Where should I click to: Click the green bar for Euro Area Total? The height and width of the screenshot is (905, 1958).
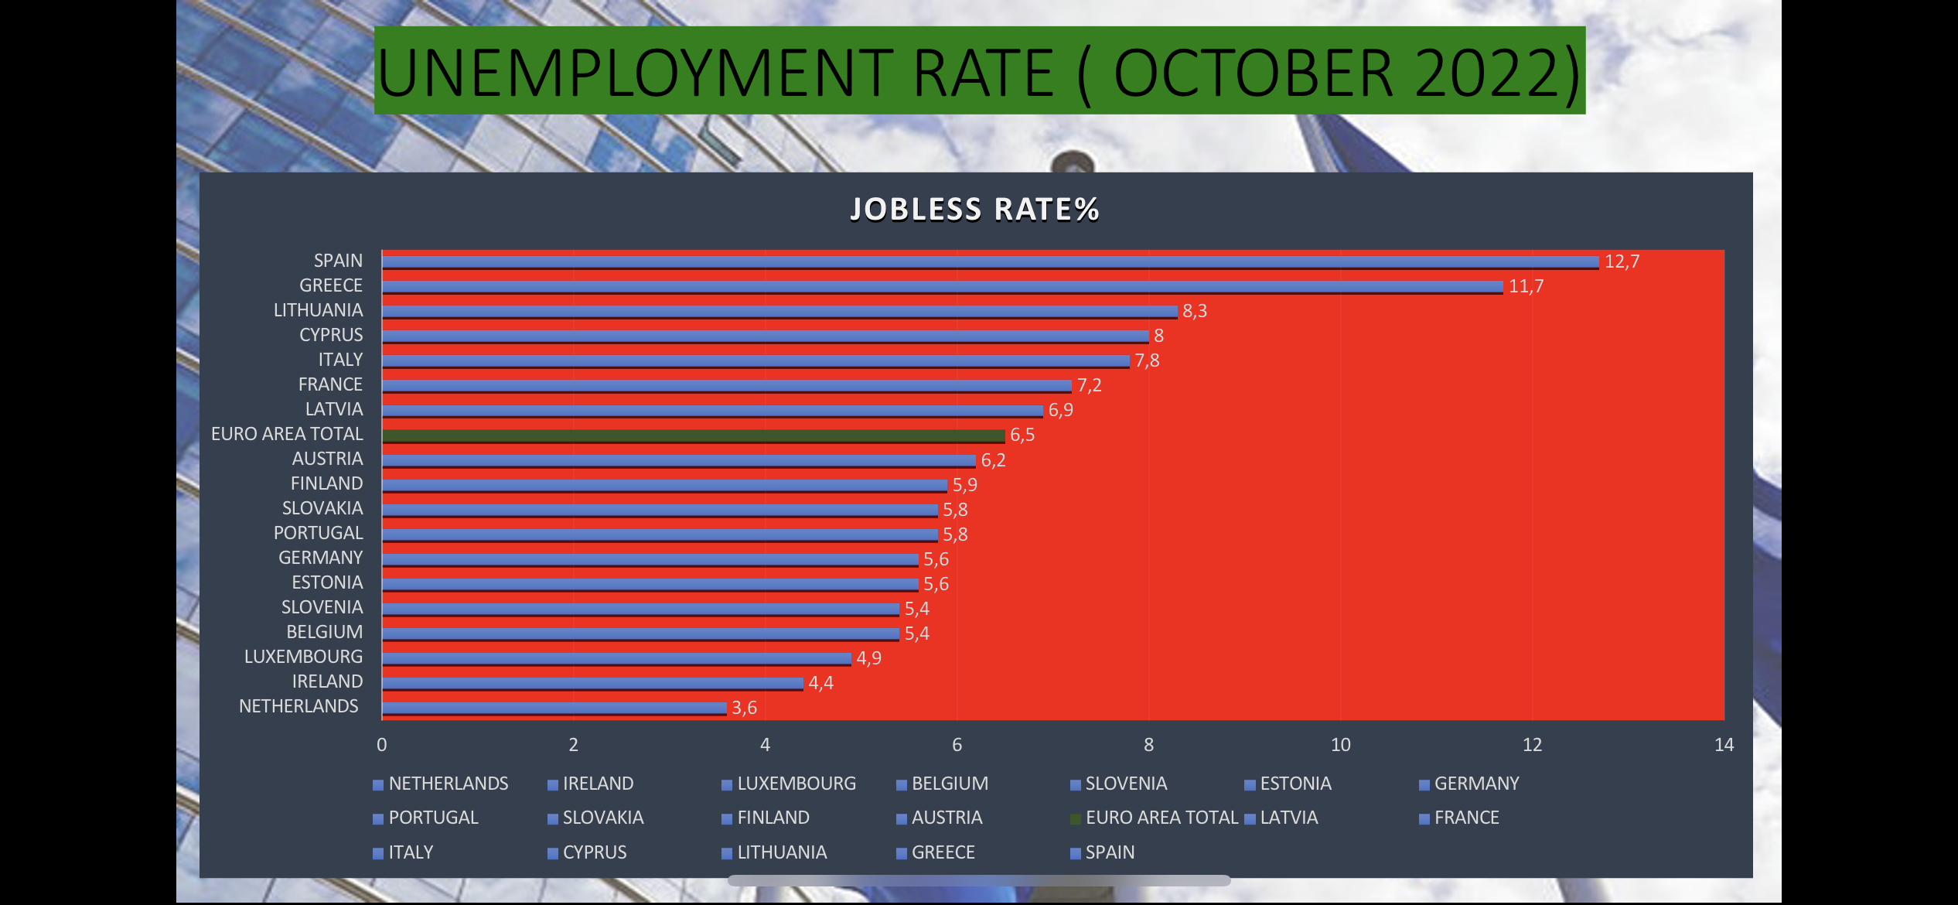pos(693,435)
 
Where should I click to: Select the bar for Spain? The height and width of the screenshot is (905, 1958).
pos(990,262)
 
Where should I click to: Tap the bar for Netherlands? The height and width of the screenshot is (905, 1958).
pos(554,708)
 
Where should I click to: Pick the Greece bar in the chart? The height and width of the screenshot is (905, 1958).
pos(942,287)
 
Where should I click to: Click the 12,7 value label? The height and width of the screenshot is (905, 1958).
pos(1622,261)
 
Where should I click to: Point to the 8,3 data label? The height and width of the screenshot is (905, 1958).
pos(1194,311)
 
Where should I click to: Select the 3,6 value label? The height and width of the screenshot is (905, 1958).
pos(744,708)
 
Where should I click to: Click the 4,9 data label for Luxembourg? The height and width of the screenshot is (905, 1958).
pos(868,658)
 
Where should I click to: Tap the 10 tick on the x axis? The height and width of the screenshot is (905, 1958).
pos(1340,745)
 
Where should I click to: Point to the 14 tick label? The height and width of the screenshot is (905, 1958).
pos(1724,745)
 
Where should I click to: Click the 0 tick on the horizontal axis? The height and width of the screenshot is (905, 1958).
pos(381,745)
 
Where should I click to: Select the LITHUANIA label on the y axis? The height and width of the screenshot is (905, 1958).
pos(318,310)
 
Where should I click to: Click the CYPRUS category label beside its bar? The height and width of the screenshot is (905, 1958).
pos(331,335)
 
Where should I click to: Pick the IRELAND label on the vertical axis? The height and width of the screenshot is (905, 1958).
pos(327,681)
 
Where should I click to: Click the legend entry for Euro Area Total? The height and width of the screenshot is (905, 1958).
pos(1161,818)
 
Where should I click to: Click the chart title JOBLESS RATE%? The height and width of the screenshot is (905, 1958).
pos(974,209)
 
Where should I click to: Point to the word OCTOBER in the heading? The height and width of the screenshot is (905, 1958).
pos(1253,73)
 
